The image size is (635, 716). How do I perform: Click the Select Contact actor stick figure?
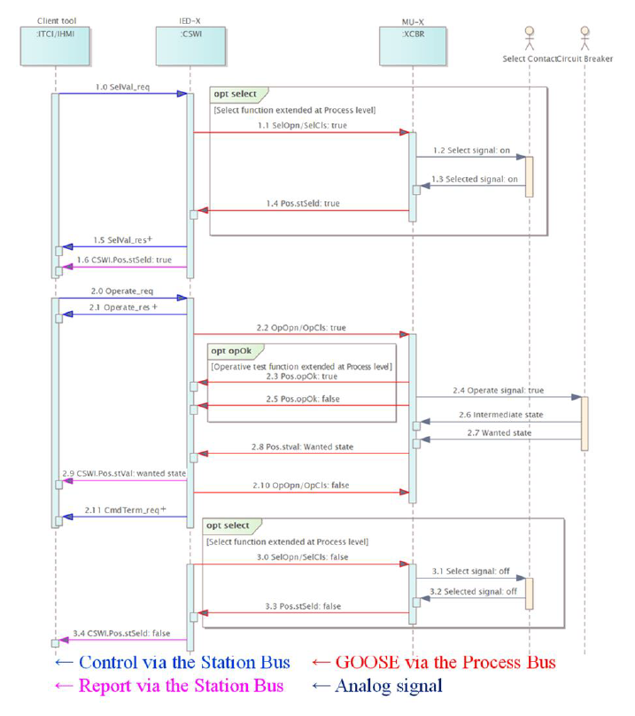point(530,38)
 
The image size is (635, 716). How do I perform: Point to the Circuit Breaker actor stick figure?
point(585,38)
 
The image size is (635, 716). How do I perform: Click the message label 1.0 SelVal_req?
point(122,86)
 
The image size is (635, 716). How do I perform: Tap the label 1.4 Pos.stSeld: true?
point(304,203)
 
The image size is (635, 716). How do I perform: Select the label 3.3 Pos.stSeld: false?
point(305,605)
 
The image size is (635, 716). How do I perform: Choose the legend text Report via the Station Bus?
point(181,685)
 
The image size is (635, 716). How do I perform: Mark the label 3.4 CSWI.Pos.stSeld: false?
point(124,632)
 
